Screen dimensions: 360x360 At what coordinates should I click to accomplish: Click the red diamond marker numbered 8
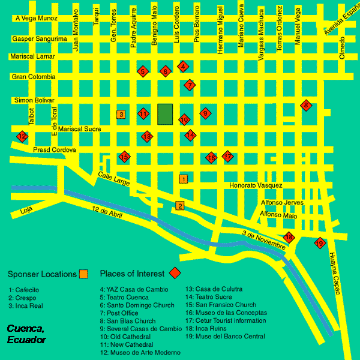(x=306, y=106)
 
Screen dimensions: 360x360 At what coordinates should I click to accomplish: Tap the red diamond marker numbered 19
(x=320, y=243)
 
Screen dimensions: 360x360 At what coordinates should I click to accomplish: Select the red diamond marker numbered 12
(x=22, y=136)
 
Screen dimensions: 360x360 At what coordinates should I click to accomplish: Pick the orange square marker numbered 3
(x=121, y=114)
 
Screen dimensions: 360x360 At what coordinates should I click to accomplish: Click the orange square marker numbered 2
(x=179, y=206)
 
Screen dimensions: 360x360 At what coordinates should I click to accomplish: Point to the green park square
(x=165, y=113)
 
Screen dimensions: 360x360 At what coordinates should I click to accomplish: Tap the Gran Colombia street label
(x=34, y=77)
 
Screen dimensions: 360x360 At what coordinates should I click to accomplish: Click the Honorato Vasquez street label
(x=256, y=185)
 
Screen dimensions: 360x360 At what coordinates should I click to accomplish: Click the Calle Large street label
(x=113, y=179)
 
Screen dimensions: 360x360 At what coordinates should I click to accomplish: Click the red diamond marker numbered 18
(x=289, y=237)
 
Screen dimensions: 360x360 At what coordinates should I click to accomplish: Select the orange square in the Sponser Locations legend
(x=84, y=274)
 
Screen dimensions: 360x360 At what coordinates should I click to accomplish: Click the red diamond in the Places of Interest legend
(x=175, y=274)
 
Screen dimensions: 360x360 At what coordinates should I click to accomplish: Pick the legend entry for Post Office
(x=121, y=313)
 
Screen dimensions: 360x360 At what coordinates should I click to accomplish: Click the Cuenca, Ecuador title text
(x=27, y=334)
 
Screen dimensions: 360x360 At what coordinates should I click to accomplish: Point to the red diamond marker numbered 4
(x=184, y=66)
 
